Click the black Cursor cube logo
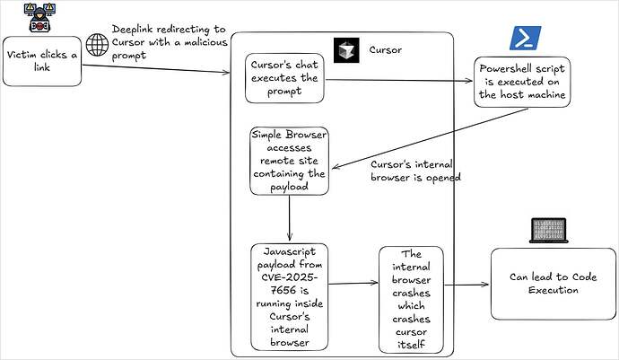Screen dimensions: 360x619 tap(346, 50)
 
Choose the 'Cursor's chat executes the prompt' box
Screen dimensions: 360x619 tap(285, 77)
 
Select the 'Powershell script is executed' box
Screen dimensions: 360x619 tap(522, 83)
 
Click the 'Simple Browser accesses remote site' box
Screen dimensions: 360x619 tap(288, 160)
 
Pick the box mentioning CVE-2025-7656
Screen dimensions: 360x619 tap(288, 296)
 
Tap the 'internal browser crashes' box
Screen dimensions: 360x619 tap(411, 299)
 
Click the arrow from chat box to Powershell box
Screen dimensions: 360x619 tap(399, 81)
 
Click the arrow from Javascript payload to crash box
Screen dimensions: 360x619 tap(351, 283)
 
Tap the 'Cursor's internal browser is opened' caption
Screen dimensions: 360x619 tap(414, 171)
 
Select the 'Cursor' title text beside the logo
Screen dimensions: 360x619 tap(386, 50)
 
